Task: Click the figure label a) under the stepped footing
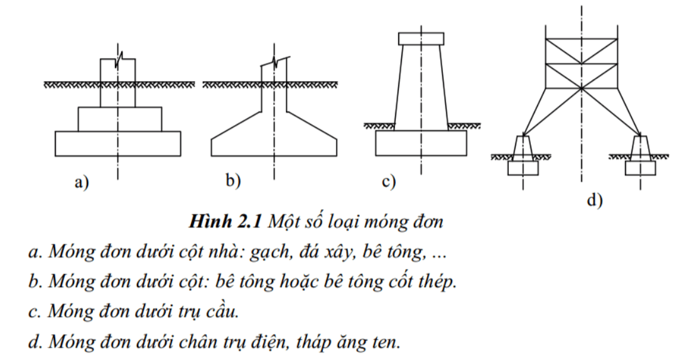point(81,182)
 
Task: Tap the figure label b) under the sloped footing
point(233,180)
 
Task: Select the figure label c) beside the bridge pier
point(389,181)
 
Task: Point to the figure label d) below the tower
point(595,200)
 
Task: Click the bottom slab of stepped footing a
point(118,144)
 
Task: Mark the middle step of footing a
point(120,119)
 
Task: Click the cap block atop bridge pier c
point(421,39)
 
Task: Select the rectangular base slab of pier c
point(421,143)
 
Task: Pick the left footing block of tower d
point(523,168)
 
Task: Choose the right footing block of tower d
point(640,168)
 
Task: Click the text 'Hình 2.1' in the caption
point(225,221)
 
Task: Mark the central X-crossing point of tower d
point(581,88)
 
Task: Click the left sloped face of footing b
point(236,126)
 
